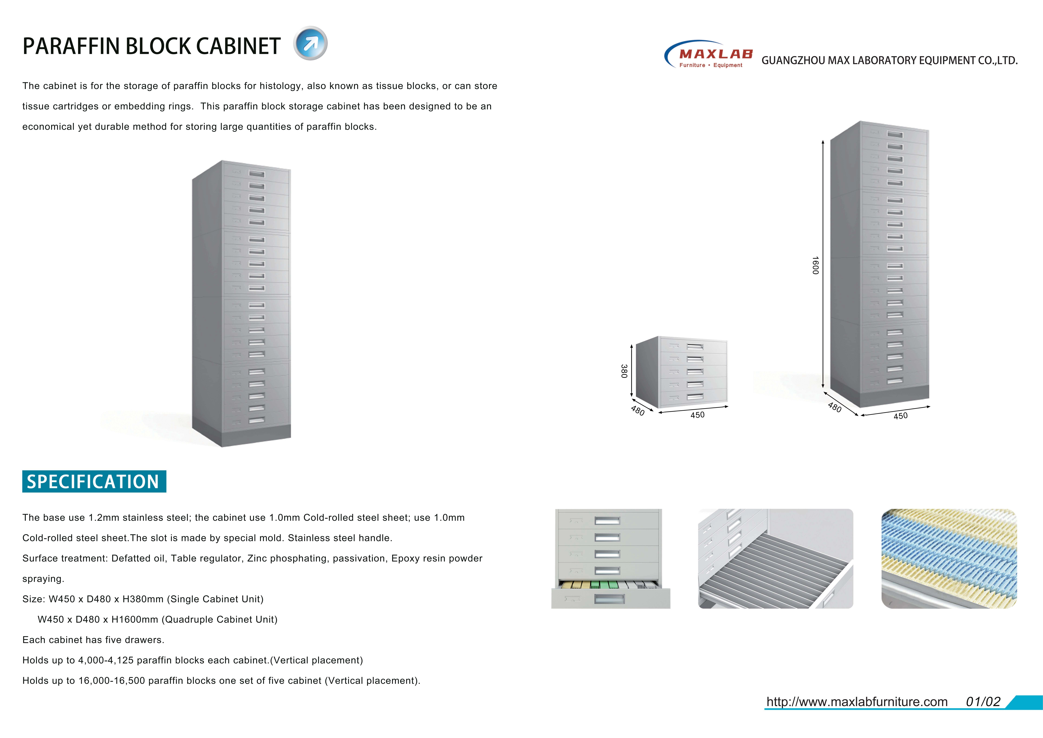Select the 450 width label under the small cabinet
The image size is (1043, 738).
[x=697, y=415]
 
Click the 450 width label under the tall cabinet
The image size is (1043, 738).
[x=900, y=416]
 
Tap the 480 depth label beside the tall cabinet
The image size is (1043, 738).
[x=834, y=408]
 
